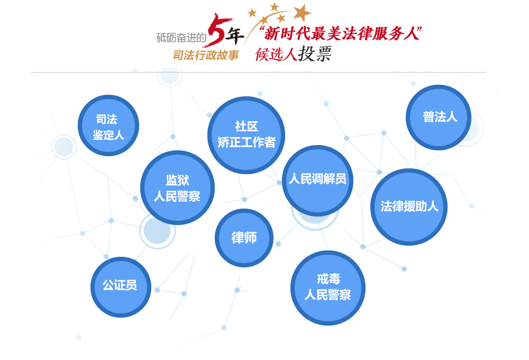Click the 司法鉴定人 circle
click(108, 125)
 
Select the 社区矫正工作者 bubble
click(246, 135)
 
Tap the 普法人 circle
click(439, 118)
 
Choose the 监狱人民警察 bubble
click(177, 188)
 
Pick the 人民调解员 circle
click(317, 180)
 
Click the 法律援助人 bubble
click(409, 207)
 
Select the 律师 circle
click(244, 238)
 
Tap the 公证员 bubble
click(121, 287)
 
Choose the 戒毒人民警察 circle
click(328, 287)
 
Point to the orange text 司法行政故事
click(206, 55)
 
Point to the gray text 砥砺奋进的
click(181, 38)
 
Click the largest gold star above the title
click(302, 12)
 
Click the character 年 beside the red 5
click(235, 36)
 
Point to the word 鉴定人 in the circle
click(108, 135)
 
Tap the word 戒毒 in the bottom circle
click(328, 279)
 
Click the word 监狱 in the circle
click(177, 180)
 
